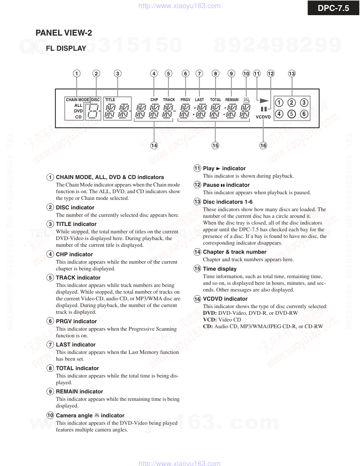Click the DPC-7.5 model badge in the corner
point(333,8)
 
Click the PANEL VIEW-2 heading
point(64,33)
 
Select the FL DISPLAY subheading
point(66,49)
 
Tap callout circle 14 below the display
point(154,145)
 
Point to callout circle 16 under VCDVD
point(263,145)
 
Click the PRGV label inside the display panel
point(185,100)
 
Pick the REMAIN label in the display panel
point(232,100)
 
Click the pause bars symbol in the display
point(263,109)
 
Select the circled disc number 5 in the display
point(291,114)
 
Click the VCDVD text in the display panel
point(263,117)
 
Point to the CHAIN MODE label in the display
point(77,100)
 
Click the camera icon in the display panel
point(247,100)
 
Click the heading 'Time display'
point(220,269)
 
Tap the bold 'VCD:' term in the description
point(210,320)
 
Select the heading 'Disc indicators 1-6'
point(228,202)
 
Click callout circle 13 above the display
point(292,74)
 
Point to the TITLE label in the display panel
point(110,100)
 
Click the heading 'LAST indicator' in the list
point(76,345)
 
